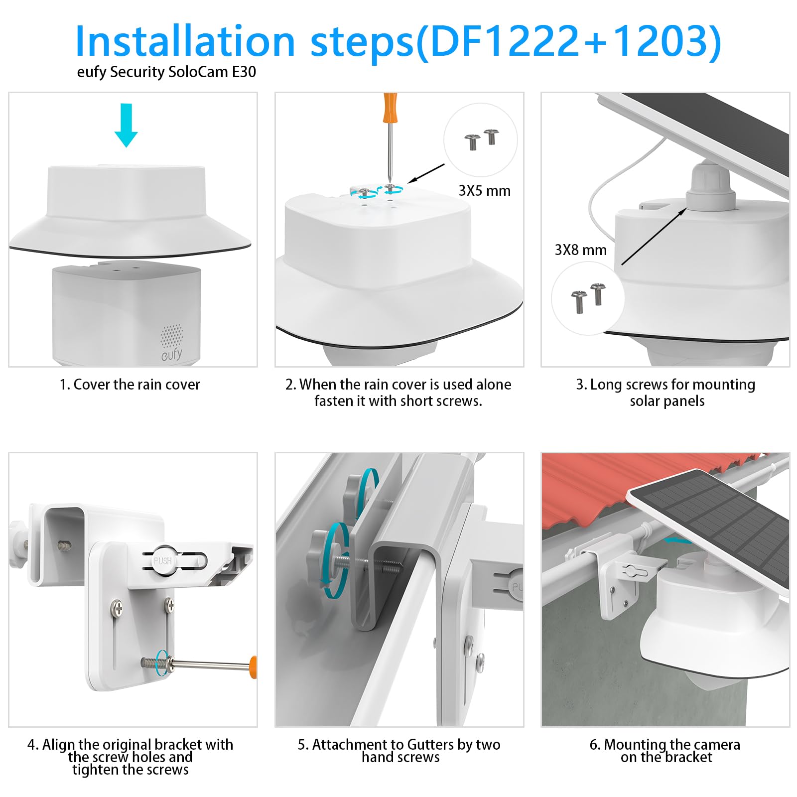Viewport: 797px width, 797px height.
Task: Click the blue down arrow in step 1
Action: [x=126, y=125]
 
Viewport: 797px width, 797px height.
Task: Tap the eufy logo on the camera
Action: [x=172, y=354]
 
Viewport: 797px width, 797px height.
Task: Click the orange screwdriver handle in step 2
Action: [x=390, y=107]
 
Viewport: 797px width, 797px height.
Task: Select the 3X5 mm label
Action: [x=484, y=191]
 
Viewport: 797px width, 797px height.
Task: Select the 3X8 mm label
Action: [x=581, y=250]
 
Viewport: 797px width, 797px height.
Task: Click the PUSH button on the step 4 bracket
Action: [x=163, y=561]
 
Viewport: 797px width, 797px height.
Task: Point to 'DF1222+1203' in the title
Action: [x=568, y=41]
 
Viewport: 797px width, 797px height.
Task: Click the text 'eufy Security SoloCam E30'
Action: [x=166, y=72]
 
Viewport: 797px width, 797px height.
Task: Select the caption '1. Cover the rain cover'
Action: [x=130, y=385]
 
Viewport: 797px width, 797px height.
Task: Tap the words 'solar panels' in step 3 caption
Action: [x=667, y=401]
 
